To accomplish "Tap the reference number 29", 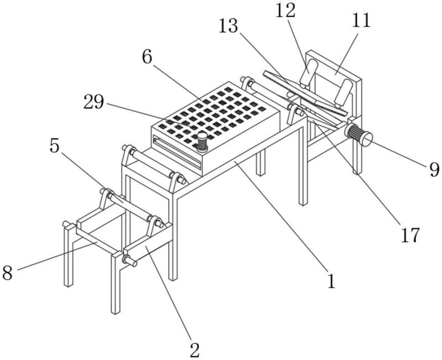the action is coord(94,101).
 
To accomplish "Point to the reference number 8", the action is coord(8,272).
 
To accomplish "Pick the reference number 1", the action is coord(331,281).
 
